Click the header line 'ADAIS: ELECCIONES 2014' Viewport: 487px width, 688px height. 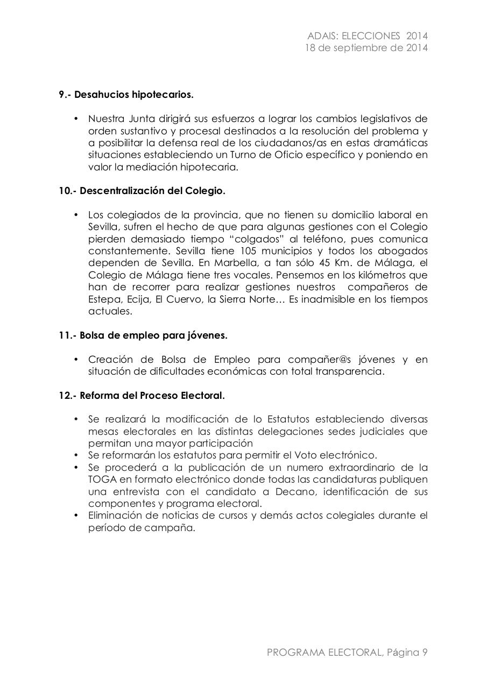tap(367, 36)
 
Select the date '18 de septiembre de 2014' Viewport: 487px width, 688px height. tap(366, 48)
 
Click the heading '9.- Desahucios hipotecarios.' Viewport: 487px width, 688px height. tap(126, 95)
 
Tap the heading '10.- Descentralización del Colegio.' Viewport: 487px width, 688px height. tap(142, 191)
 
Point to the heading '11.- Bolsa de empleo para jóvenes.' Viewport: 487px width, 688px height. tap(143, 335)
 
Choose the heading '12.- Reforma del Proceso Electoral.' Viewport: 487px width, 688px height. tap(142, 396)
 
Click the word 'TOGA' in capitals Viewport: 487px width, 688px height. tap(101, 479)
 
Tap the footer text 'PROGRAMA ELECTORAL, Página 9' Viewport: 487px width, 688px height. tap(347, 653)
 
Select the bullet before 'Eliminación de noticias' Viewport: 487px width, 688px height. tap(76, 515)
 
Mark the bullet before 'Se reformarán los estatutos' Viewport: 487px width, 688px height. tap(76, 455)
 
